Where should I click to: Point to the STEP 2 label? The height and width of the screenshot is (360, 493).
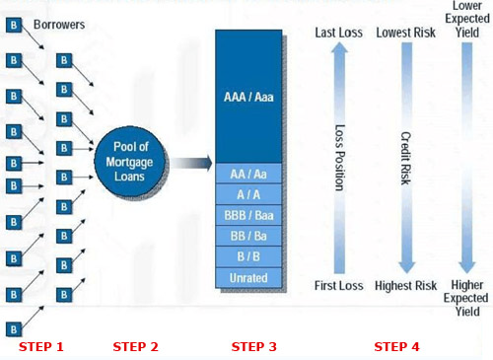pyautogui.click(x=135, y=346)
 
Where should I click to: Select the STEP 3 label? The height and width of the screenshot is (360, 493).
pyautogui.click(x=254, y=346)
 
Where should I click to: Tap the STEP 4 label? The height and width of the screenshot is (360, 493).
pyautogui.click(x=396, y=346)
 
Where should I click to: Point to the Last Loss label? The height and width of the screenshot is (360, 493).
pyautogui.click(x=337, y=34)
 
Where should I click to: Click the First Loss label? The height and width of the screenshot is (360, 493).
pyautogui.click(x=337, y=286)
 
